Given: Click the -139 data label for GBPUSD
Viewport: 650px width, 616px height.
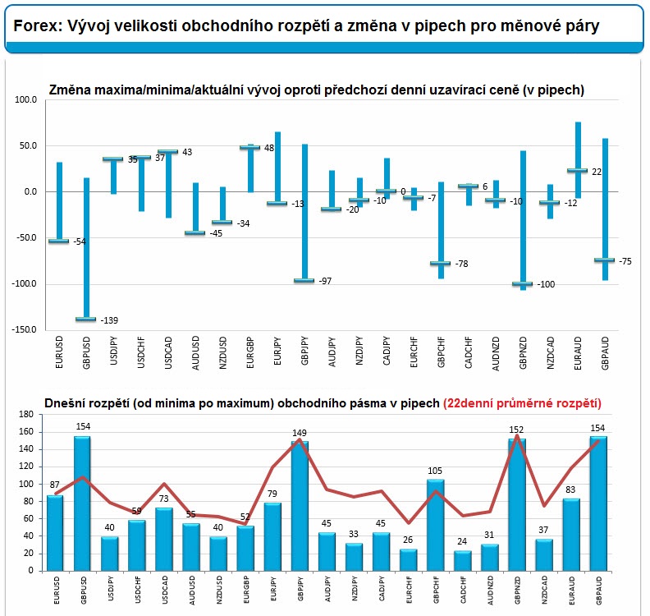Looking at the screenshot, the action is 109,320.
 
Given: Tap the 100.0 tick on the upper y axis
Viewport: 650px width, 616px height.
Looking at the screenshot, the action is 25,99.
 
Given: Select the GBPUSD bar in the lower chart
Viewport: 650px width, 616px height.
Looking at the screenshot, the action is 83,503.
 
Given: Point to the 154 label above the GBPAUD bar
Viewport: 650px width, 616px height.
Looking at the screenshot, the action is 597,428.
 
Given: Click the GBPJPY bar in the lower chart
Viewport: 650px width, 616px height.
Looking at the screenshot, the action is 300,506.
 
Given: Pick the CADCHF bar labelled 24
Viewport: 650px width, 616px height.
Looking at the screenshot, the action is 463,560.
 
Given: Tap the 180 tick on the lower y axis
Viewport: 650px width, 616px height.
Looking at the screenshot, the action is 26,415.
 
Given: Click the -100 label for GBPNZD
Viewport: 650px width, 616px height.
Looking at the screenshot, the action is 546,284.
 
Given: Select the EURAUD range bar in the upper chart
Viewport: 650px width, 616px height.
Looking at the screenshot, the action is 578,160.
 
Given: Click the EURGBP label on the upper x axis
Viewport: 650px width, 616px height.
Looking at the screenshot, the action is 250,352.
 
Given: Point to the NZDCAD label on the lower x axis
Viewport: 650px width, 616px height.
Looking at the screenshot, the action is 544,590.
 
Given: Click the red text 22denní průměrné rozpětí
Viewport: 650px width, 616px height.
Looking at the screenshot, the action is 522,403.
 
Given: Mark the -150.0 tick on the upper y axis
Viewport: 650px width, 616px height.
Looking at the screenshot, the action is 25,330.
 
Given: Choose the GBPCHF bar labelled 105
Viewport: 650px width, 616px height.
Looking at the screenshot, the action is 435,525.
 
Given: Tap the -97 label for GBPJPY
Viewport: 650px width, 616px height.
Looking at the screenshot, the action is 326,281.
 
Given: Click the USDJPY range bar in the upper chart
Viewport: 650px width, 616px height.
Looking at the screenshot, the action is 113,176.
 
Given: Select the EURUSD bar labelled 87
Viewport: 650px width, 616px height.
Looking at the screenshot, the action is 55,532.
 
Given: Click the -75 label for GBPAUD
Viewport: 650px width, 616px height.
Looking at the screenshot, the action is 625,261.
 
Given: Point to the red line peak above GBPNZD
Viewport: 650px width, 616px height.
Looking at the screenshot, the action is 517,435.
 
